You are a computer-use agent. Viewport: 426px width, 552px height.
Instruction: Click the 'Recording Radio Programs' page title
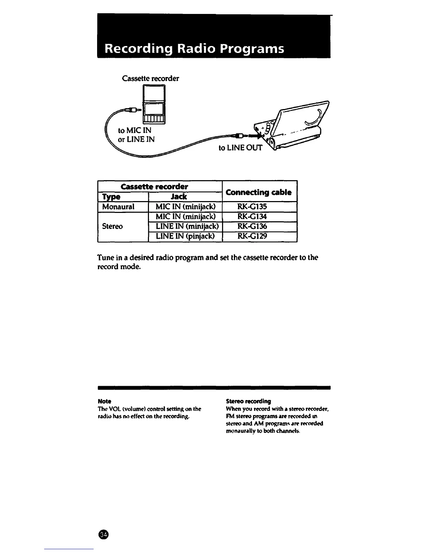coord(194,48)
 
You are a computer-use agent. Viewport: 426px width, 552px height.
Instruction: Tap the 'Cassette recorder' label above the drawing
coord(150,78)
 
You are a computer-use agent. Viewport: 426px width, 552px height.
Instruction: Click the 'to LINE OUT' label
coord(240,148)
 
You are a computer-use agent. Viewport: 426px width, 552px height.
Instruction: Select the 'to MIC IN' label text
coord(135,131)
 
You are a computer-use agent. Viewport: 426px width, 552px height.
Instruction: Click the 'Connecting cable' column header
coord(259,192)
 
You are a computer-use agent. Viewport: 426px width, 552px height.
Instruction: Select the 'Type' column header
coord(111,197)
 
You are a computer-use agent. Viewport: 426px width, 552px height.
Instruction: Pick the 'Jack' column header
coord(179,197)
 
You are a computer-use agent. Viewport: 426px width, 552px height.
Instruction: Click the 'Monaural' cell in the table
coord(118,207)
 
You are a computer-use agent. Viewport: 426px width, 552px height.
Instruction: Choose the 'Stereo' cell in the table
coord(112,226)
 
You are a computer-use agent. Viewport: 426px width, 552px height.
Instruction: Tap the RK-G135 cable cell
coord(252,207)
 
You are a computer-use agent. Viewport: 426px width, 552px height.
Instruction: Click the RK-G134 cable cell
coord(252,216)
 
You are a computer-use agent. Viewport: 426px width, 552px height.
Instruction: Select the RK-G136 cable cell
coord(252,226)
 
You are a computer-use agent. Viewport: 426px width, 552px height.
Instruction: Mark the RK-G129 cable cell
coord(252,236)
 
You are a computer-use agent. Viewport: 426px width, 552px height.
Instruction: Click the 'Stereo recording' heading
coord(248,401)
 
